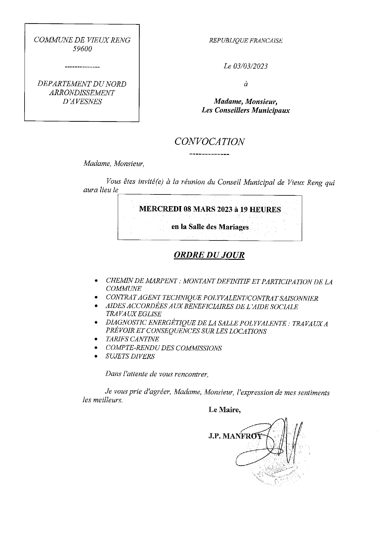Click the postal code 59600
82,49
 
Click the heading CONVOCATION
210,141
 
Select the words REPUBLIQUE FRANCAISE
246,41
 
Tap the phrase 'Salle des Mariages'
218,227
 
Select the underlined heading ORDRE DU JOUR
209,255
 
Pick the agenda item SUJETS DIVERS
130,356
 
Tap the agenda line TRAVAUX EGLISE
133,314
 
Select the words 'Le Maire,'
225,410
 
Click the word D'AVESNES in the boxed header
82,102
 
